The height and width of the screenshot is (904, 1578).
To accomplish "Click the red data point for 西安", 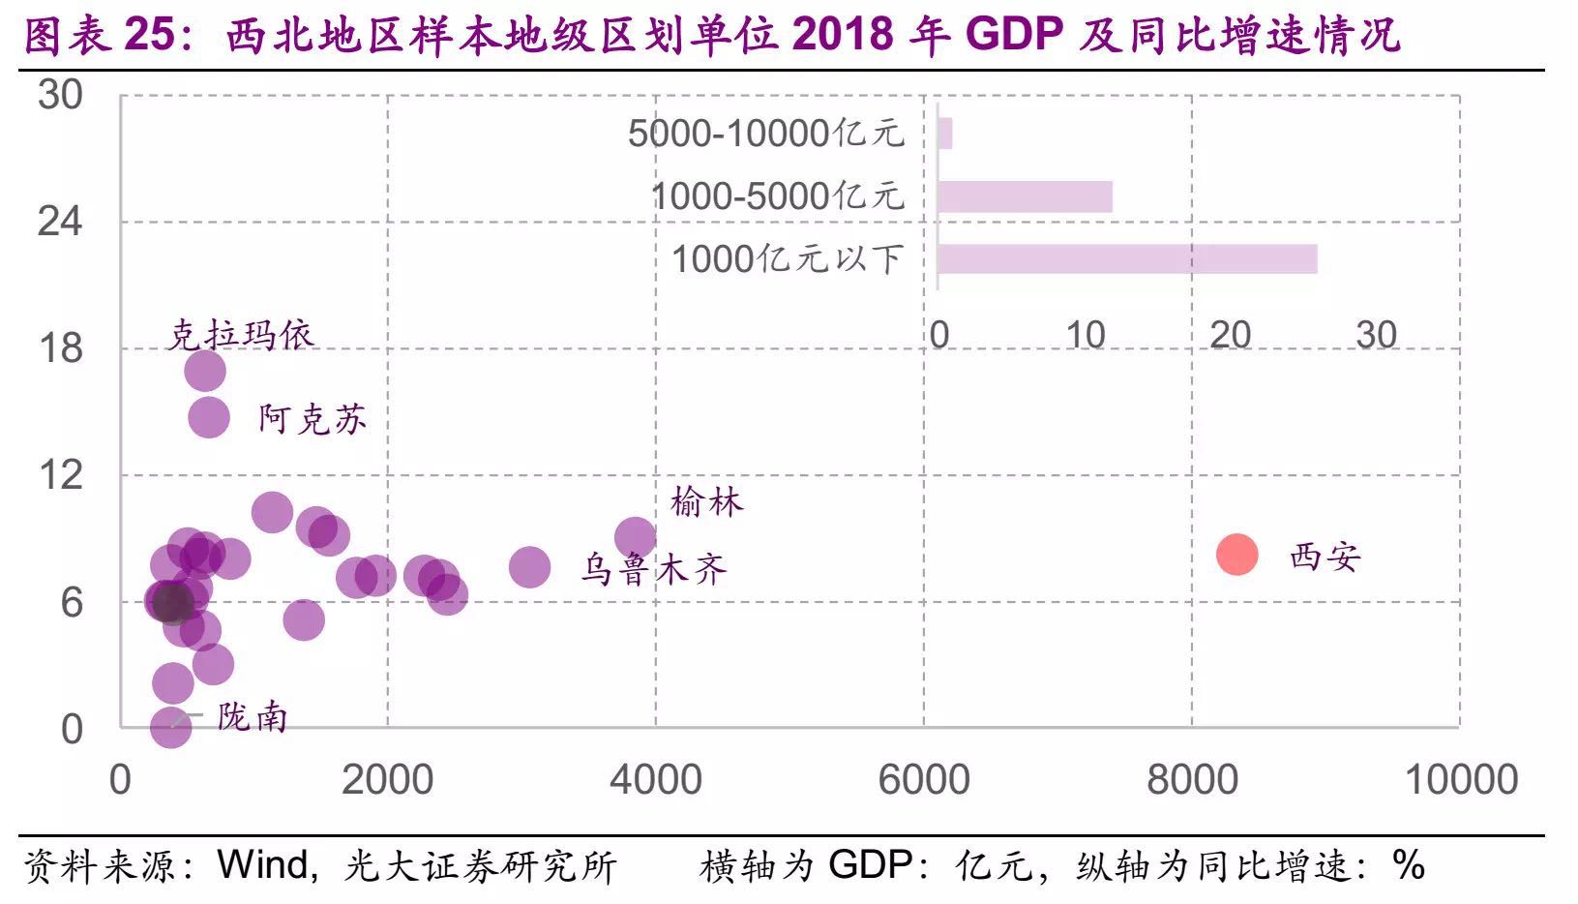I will coord(1236,555).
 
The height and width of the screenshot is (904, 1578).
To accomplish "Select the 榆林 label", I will coord(706,502).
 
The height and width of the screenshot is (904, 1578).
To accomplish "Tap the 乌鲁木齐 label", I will coord(653,569).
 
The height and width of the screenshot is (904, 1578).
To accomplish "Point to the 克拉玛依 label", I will coord(241,335).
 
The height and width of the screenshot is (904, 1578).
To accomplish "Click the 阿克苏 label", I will coord(312,419).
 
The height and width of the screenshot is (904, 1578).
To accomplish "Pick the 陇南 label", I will coord(252,717).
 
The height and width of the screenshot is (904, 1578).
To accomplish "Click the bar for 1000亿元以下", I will coord(1126,259).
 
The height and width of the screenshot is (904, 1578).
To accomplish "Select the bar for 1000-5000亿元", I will coord(1024,196).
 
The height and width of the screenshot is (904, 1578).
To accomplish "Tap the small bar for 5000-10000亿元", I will coord(944,134).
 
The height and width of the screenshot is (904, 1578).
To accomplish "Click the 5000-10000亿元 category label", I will coord(765,134).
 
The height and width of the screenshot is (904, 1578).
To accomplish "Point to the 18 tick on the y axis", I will coord(60,348).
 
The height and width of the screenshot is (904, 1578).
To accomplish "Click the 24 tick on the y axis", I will coord(60,222).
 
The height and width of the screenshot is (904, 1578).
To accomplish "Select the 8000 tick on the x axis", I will coord(1192,779).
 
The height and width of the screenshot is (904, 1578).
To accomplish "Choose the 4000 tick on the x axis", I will coord(655,779).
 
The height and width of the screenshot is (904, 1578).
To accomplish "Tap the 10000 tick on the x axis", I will coord(1460,779).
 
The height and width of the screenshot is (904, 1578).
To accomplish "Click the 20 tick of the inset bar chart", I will coord(1230,335).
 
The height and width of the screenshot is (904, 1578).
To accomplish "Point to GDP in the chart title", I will coord(1014,35).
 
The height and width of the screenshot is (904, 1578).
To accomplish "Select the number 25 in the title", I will coord(150,35).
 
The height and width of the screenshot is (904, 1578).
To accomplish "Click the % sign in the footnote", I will coord(1409,864).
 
